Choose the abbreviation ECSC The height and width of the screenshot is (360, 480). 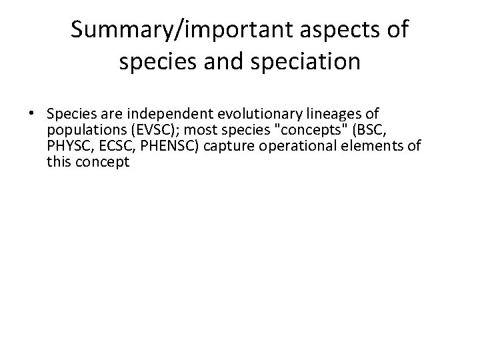click(114, 146)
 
